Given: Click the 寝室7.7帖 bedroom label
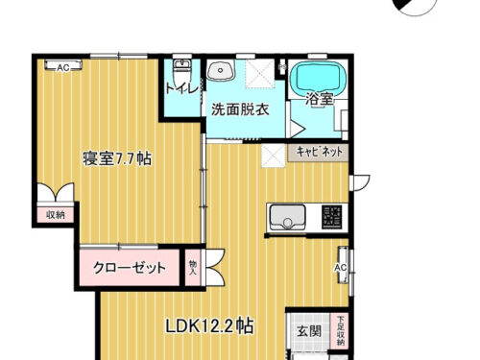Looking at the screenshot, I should (x=115, y=159).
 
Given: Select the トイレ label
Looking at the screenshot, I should (x=181, y=89).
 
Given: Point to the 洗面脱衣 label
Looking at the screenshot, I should (x=240, y=109).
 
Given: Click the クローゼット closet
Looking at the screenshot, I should (x=130, y=268).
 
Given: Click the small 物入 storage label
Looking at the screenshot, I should (x=193, y=267).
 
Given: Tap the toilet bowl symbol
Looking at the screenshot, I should (x=180, y=71).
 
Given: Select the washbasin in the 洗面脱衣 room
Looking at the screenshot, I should (x=222, y=72).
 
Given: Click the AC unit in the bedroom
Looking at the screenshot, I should (x=62, y=67).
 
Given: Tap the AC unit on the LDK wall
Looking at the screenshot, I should (x=340, y=266).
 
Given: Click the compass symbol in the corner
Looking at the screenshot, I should (x=416, y=8).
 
